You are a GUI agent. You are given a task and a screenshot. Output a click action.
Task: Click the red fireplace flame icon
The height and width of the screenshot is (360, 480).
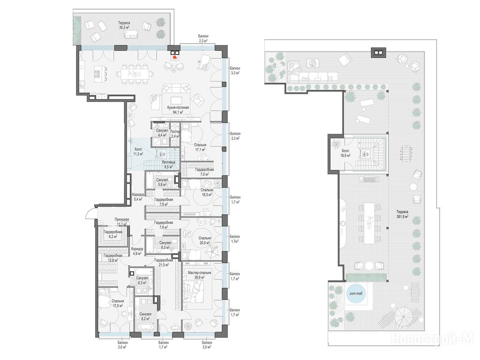tap(175, 57)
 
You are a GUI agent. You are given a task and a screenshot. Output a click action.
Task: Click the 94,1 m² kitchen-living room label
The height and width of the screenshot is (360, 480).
tap(178, 110)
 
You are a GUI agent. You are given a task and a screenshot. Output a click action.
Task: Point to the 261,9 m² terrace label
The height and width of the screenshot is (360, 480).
tap(402, 214)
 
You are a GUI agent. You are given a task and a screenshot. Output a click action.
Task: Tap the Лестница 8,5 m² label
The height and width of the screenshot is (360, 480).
tap(168, 165)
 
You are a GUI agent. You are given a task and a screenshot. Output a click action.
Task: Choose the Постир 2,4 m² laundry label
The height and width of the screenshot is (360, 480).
tap(175, 134)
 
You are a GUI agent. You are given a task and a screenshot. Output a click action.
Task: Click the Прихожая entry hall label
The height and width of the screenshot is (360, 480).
tap(122, 219)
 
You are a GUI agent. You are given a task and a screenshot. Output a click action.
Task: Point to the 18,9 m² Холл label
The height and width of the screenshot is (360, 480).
tap(345, 153)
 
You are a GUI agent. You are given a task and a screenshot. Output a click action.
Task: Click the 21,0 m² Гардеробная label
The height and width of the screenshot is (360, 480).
tap(164, 262)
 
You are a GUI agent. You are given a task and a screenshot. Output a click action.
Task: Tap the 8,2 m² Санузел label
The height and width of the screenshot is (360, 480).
tap(145, 316)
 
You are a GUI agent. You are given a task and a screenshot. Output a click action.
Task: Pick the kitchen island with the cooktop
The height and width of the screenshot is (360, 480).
tap(97, 74)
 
